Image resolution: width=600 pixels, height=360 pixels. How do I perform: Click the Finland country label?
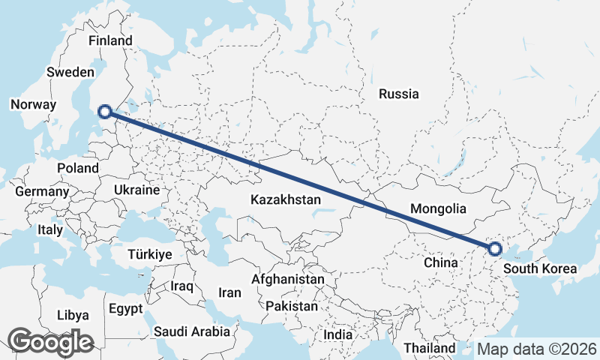(x=110, y=40)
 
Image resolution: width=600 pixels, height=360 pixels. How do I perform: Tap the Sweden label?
(x=70, y=72)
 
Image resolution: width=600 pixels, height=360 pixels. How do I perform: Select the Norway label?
(x=34, y=105)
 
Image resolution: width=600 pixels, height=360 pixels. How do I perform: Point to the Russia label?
(x=399, y=94)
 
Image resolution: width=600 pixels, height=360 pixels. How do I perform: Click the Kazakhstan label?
(x=286, y=200)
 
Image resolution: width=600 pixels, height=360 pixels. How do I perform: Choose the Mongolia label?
(x=439, y=209)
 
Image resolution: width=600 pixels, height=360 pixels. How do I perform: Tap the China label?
(x=440, y=263)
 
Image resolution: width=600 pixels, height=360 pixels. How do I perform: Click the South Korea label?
(x=540, y=269)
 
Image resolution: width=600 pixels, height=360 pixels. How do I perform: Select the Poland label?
(x=77, y=168)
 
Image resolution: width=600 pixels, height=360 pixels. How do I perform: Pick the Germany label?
(x=42, y=192)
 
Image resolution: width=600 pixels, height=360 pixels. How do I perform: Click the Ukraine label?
(x=137, y=190)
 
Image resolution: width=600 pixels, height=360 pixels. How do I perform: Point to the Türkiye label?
(x=150, y=254)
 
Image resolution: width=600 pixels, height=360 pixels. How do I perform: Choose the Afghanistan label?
(x=289, y=279)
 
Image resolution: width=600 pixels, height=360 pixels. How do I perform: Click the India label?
(x=337, y=335)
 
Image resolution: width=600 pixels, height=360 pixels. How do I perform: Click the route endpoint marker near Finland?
(x=106, y=112)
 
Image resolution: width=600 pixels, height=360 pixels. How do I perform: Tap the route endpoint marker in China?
(x=494, y=249)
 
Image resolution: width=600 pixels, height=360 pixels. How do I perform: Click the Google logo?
(x=50, y=342)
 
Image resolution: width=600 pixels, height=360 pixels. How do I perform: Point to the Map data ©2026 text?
(x=537, y=349)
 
